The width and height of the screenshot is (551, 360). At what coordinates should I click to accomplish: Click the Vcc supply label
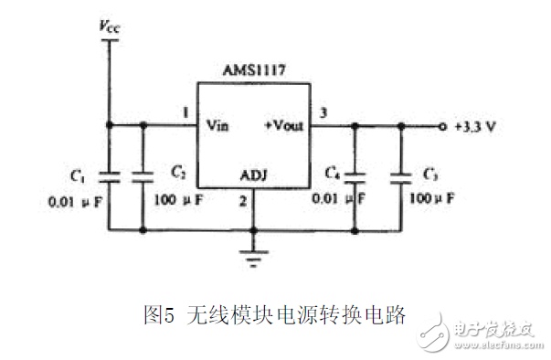[110, 26]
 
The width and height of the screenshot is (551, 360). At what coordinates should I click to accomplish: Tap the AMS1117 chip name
[254, 70]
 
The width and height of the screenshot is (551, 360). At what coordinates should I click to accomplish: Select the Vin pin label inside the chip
[217, 125]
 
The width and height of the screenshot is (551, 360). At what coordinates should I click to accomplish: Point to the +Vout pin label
[284, 125]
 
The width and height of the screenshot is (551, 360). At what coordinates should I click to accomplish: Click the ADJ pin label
[254, 175]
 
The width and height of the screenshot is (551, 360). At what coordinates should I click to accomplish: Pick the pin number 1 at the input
[185, 112]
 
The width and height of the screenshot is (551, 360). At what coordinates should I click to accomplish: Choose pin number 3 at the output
[323, 112]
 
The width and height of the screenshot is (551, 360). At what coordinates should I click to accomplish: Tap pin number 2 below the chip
[243, 201]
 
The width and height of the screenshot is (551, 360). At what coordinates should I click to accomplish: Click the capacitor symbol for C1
[110, 177]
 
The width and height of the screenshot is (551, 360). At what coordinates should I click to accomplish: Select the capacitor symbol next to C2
[143, 177]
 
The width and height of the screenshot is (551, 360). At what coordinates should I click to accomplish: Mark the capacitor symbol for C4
[355, 178]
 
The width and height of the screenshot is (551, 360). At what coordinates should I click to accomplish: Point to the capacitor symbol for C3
[401, 178]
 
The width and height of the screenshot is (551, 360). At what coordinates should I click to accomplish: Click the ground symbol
[254, 259]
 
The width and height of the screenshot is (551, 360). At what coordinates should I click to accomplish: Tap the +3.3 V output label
[475, 126]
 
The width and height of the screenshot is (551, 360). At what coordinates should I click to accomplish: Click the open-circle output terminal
[442, 126]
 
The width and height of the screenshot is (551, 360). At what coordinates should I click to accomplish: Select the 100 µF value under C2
[178, 200]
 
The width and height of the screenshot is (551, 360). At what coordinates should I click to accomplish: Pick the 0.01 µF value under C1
[75, 202]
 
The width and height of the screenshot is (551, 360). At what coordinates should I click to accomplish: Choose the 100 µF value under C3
[432, 199]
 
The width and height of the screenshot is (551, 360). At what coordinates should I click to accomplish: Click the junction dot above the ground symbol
[254, 231]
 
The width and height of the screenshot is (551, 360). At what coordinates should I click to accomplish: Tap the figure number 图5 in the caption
[159, 314]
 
